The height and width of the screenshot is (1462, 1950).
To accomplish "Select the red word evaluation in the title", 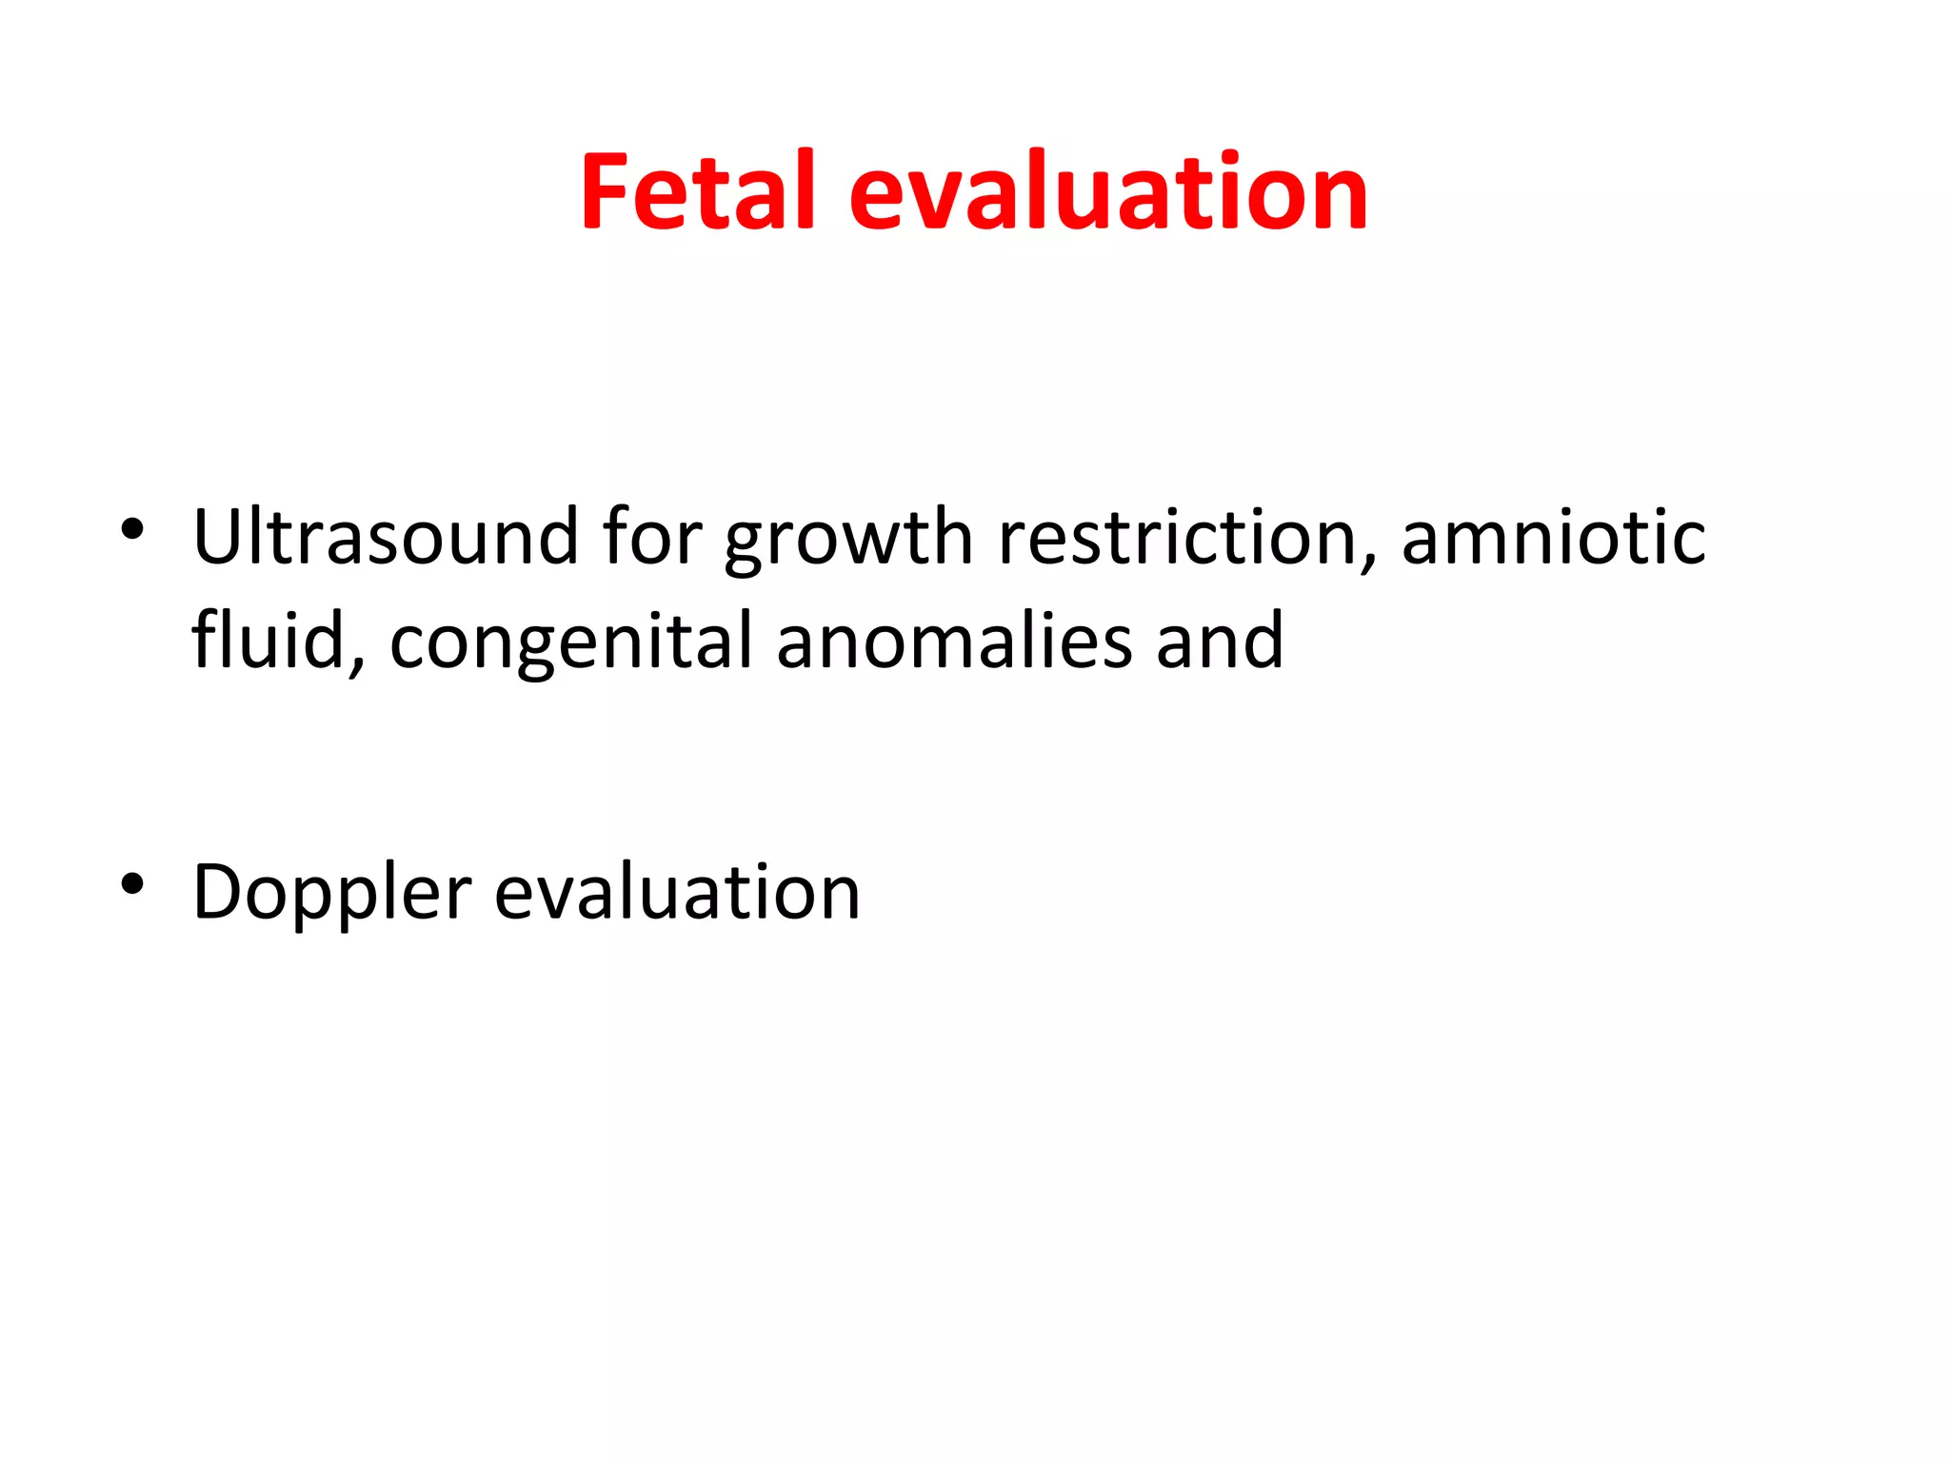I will pos(1107,193).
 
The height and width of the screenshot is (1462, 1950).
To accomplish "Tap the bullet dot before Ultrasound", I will pos(132,529).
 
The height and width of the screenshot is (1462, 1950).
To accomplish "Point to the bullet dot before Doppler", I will pos(132,884).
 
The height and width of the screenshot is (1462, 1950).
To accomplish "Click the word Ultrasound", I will pos(385,537).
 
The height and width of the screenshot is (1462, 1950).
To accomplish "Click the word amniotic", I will pos(1553,537).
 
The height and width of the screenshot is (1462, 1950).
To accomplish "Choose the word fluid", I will pos(268,640).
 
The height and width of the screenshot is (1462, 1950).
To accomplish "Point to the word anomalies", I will pos(954,640).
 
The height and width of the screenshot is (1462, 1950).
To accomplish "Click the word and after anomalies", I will pos(1220,640).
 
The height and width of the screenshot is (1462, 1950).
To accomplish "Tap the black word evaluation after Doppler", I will pos(677,892).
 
